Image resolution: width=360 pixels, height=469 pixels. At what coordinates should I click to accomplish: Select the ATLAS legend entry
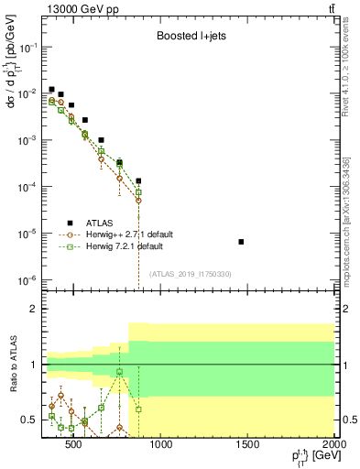click(96, 223)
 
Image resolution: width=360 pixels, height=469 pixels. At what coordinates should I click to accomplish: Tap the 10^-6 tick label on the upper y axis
click(27, 280)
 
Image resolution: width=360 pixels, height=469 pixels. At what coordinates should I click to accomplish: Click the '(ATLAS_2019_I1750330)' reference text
click(191, 274)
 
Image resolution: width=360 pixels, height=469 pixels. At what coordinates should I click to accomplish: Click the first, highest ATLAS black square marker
click(52, 89)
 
